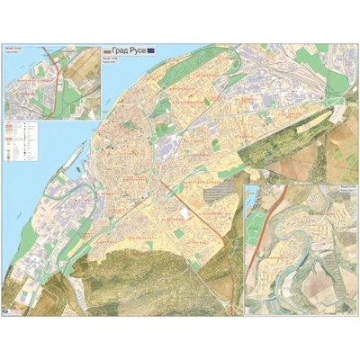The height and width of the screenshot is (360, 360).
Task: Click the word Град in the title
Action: click(x=122, y=51)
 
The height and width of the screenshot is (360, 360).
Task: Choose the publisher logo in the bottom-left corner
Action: click(x=10, y=308)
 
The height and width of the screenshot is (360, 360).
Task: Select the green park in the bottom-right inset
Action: click(x=256, y=221)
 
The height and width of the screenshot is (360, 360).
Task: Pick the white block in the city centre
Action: click(x=185, y=212)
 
